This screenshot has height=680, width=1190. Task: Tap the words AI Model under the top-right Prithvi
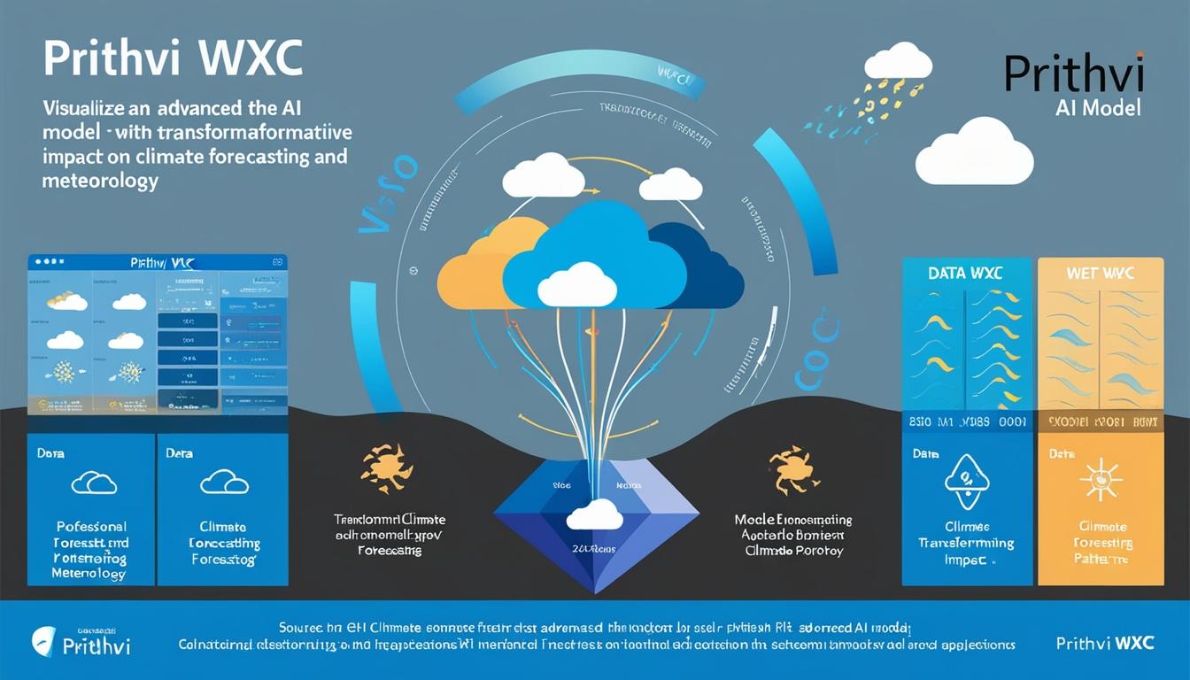pyautogui.click(x=1098, y=108)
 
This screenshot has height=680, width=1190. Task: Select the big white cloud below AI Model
pyautogui.click(x=974, y=152)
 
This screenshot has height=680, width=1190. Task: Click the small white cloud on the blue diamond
pyautogui.click(x=594, y=515)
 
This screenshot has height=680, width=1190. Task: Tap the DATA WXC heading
pyautogui.click(x=965, y=274)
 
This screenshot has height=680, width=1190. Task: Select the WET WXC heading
pyautogui.click(x=1101, y=274)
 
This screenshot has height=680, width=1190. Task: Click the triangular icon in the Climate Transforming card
pyautogui.click(x=966, y=480)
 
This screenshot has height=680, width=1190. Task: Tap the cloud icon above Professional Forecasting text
pyautogui.click(x=93, y=482)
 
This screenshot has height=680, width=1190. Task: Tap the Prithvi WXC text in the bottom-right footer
pyautogui.click(x=1105, y=643)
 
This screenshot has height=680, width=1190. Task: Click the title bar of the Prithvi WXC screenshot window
pyautogui.click(x=158, y=263)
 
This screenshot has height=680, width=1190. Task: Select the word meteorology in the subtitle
pyautogui.click(x=99, y=181)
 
